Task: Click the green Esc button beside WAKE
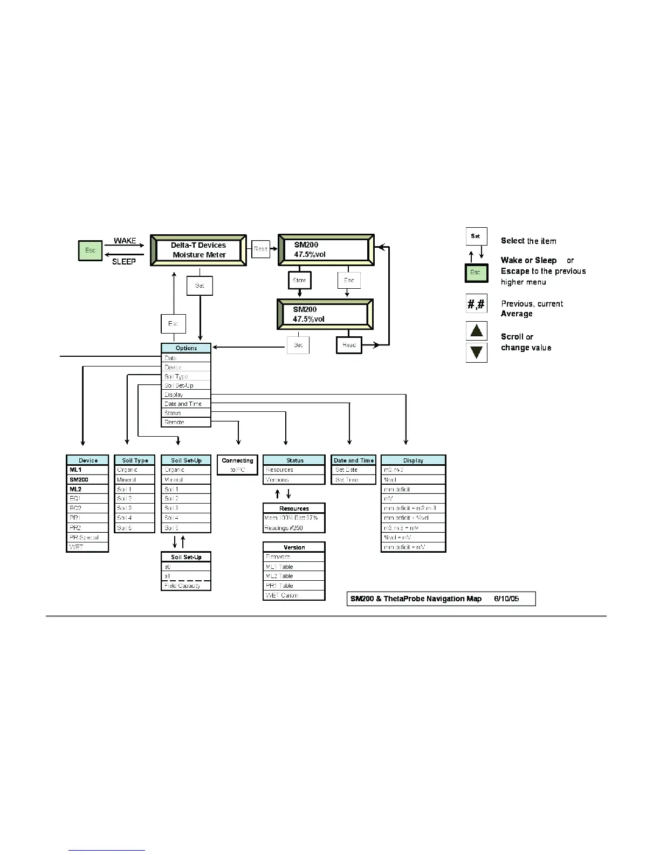90,250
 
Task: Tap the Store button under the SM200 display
299,280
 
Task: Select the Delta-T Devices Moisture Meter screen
198,250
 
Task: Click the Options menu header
186,348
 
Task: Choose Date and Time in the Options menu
183,404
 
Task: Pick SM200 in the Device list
79,479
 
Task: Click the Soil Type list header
135,460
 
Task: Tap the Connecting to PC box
237,465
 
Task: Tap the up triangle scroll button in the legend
476,330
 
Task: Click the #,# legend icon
476,304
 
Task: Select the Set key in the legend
476,236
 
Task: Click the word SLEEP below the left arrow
124,262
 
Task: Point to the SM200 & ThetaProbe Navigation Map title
416,599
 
